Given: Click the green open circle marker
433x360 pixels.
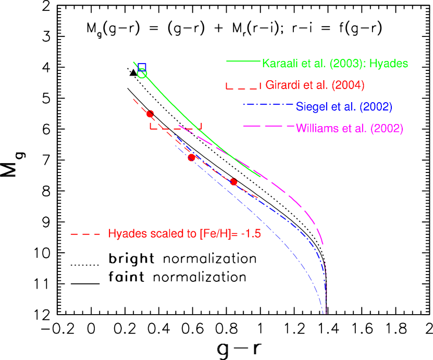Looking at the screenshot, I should (142, 73).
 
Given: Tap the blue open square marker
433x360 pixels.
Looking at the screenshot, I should (142, 67).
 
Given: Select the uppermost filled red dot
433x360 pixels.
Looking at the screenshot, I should (150, 114).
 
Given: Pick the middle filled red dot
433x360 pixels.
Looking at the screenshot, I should (191, 157).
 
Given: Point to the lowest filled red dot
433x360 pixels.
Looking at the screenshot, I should (233, 182).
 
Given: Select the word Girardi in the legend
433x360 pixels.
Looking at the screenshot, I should (282, 85).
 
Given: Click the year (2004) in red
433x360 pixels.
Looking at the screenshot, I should (348, 85).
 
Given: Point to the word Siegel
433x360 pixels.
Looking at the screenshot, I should (310, 107).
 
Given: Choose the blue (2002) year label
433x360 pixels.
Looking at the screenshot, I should (376, 107).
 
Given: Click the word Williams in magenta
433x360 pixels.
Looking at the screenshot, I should (316, 128).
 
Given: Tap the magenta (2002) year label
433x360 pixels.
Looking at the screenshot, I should (387, 128).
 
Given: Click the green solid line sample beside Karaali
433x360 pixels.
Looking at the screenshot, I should (243, 61).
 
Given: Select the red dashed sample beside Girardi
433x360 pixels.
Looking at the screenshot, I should (243, 85).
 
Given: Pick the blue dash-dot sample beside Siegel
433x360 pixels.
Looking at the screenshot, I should (267, 105).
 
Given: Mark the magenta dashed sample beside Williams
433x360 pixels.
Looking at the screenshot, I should (268, 126).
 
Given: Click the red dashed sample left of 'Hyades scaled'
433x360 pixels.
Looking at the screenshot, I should (85, 234).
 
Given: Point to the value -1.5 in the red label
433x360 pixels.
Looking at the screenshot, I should (251, 234).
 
